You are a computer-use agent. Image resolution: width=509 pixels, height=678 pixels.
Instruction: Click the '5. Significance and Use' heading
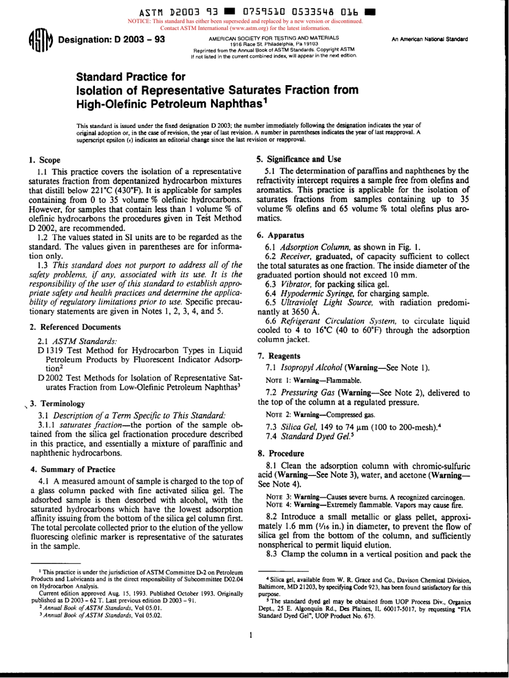[x=299, y=159]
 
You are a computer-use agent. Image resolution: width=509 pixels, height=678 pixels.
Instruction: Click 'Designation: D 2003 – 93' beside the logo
[x=111, y=40]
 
